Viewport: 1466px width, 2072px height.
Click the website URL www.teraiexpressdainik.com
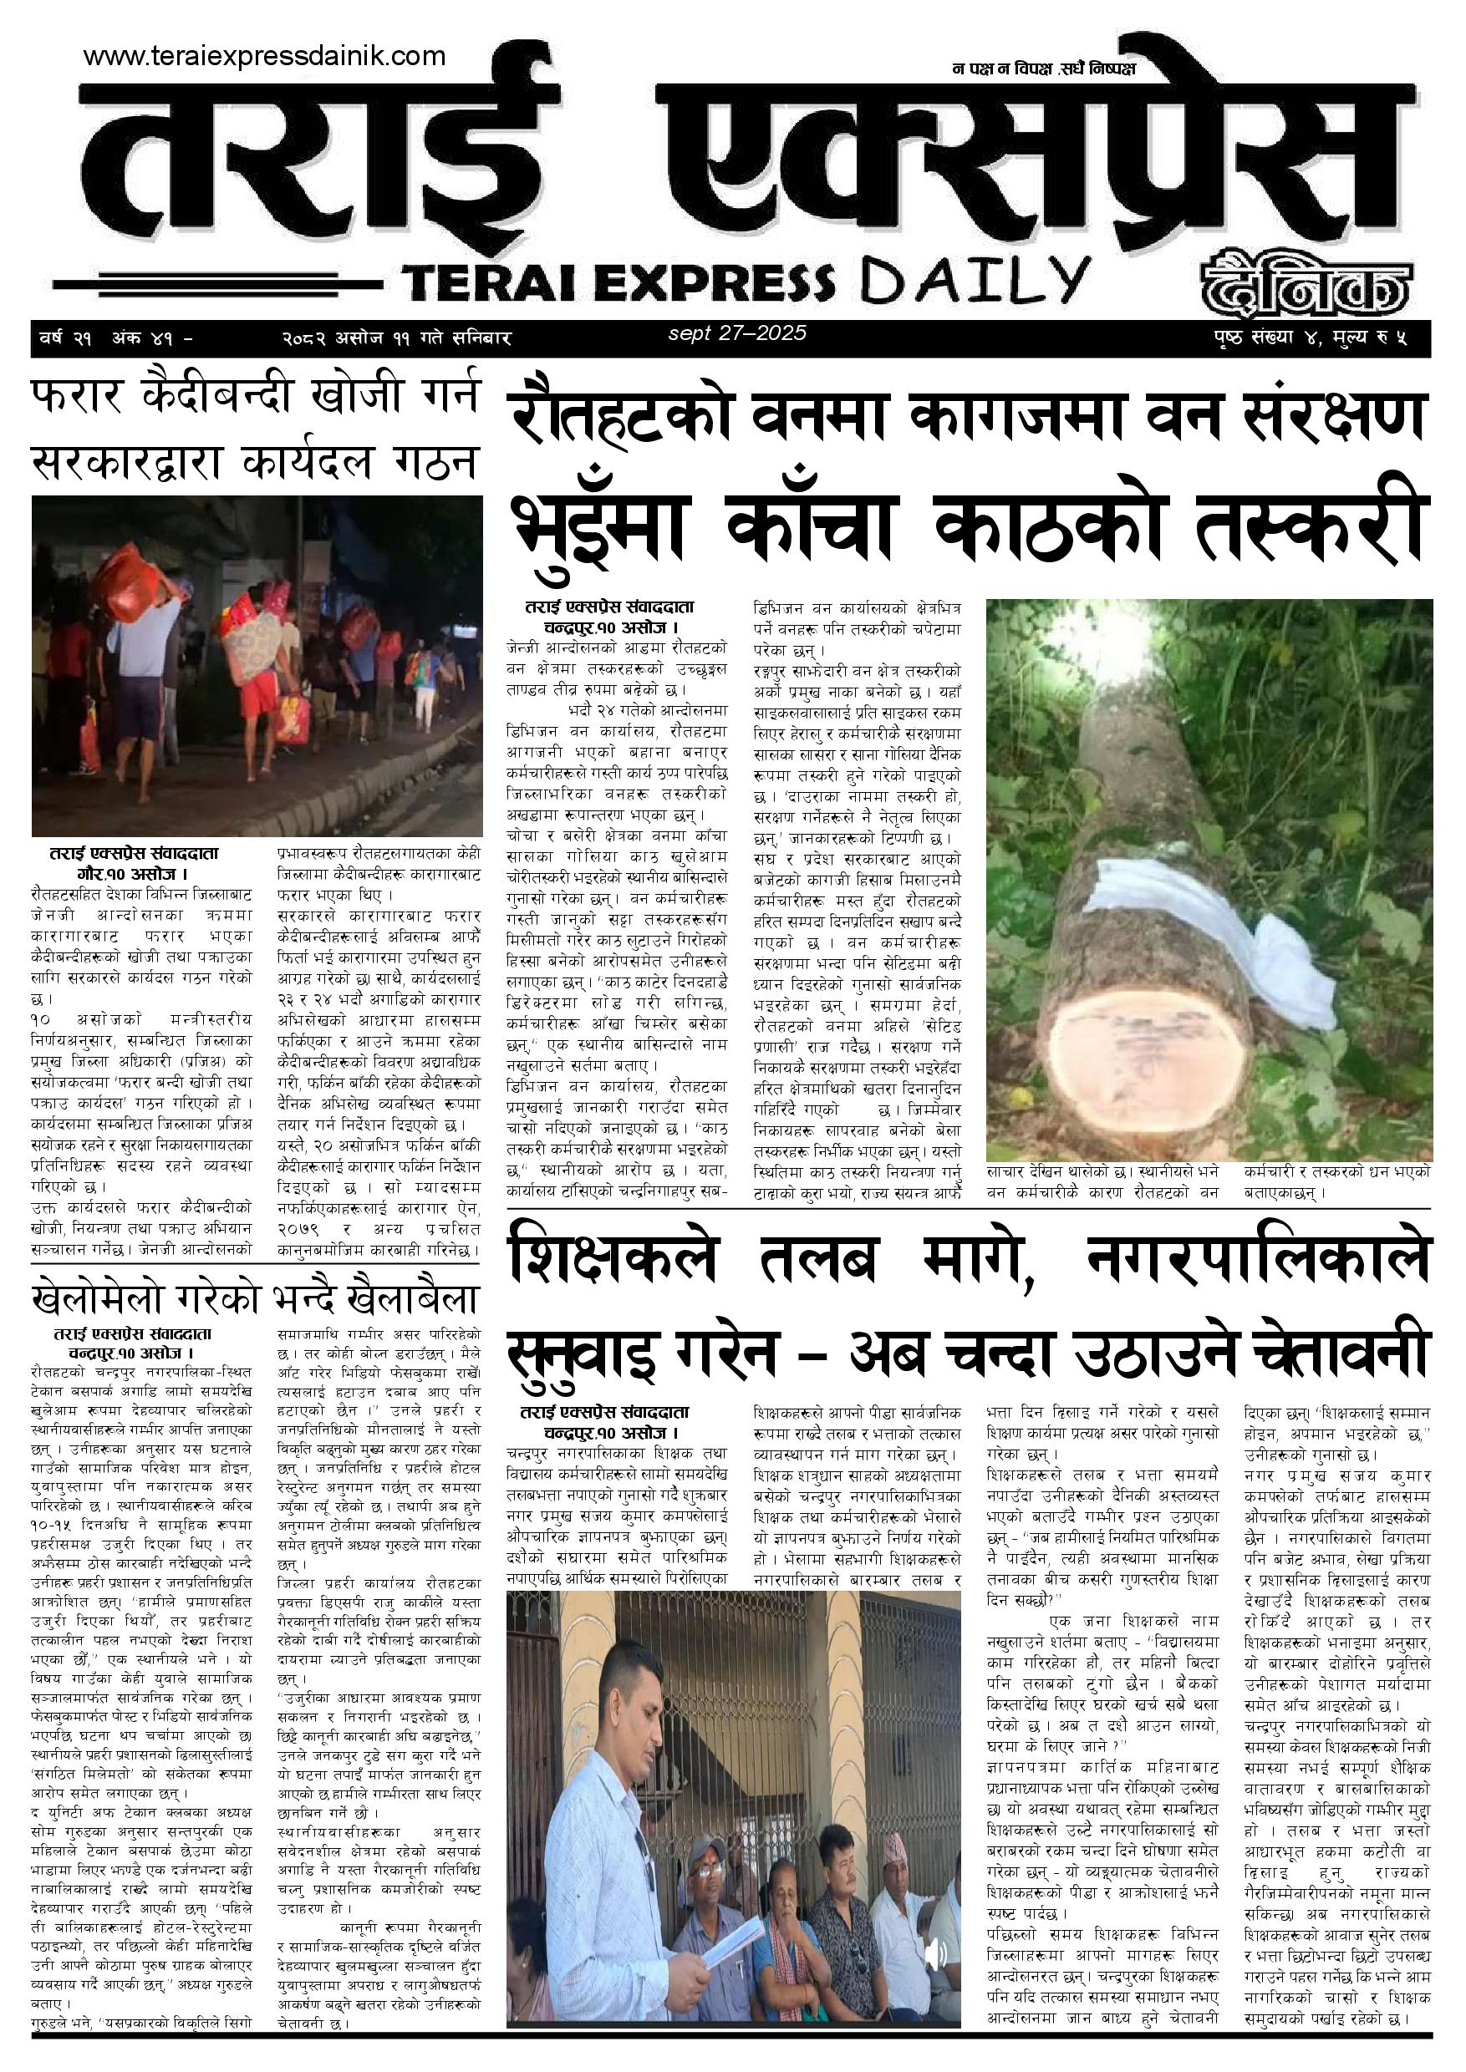point(263,56)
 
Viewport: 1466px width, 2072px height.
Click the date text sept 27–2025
point(736,333)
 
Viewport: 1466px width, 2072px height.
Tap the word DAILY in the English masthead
point(974,282)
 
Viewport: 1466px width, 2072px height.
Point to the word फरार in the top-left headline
point(79,395)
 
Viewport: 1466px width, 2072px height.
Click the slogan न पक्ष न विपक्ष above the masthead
point(1042,69)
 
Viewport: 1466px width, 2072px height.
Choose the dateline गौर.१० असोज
point(132,874)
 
